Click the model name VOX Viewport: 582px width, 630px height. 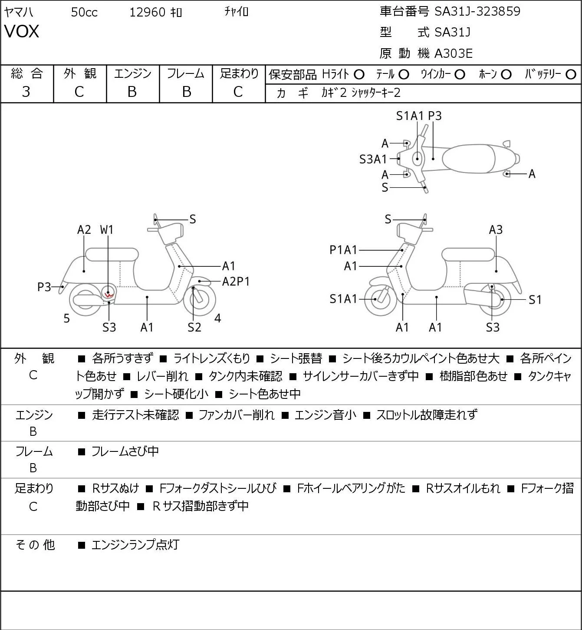[22, 31]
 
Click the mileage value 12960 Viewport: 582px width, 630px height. [148, 12]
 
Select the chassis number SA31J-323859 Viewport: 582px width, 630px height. [477, 11]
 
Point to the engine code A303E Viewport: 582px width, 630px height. [453, 53]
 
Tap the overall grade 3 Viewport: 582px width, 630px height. [26, 92]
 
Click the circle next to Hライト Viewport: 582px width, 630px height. [359, 75]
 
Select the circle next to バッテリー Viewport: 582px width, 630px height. [571, 74]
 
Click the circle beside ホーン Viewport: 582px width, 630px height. [506, 75]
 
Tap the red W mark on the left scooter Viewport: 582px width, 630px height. [109, 295]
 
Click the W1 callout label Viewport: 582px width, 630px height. [106, 230]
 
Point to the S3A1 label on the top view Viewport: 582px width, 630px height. [373, 159]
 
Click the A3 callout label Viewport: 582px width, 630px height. [496, 230]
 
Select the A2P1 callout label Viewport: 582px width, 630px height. [236, 282]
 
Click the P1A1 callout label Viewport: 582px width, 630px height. [343, 250]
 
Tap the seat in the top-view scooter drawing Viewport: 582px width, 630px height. [469, 159]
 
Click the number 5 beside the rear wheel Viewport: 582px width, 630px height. [66, 318]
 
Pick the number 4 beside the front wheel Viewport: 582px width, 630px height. [218, 318]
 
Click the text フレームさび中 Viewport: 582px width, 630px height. [125, 451]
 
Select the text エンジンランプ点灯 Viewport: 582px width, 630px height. [135, 545]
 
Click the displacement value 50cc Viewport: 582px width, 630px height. [84, 12]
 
